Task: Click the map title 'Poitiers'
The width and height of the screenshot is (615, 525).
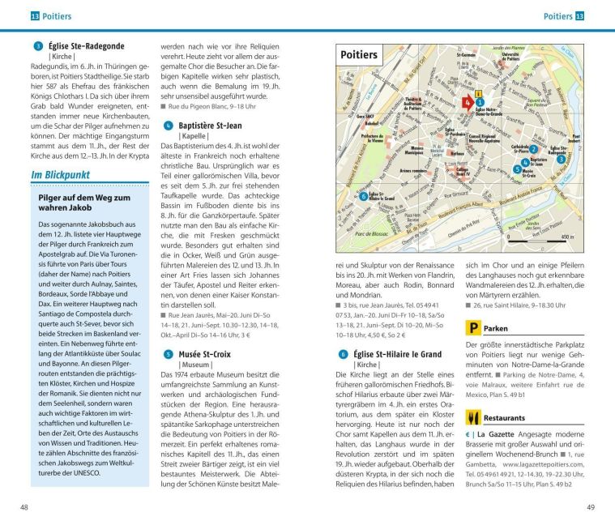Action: (360, 55)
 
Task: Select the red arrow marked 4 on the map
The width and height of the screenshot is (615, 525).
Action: (468, 102)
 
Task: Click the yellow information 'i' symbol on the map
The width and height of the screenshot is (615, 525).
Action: (479, 92)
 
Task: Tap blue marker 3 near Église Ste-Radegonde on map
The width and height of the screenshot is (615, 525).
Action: (561, 160)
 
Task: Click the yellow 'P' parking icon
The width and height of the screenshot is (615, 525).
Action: (472, 328)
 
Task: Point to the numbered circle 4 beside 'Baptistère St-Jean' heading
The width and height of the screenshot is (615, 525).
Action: (168, 126)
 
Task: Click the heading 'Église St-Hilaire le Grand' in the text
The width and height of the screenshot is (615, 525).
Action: (397, 354)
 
